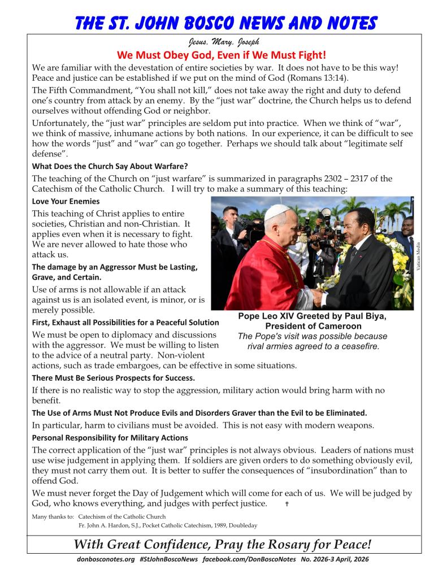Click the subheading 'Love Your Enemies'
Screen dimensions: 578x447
pyautogui.click(x=66, y=201)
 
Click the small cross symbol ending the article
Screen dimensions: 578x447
pyautogui.click(x=288, y=504)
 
